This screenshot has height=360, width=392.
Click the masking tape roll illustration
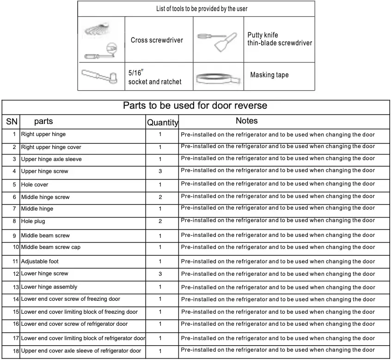218,80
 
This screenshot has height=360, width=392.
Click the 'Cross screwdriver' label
157,40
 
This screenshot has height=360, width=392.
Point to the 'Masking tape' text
269,75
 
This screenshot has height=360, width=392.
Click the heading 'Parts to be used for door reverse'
195,106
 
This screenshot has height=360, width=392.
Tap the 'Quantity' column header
162,123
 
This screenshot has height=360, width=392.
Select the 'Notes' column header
247,121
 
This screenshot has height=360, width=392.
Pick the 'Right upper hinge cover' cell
51,147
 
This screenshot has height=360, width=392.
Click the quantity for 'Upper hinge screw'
160,171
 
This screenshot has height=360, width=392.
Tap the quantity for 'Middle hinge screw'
160,197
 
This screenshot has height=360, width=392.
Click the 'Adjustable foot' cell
40,261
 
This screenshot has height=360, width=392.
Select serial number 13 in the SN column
16,287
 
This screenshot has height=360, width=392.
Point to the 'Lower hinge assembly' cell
49,287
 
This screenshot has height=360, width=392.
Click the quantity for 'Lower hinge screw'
160,274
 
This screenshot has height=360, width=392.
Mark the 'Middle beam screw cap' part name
50,247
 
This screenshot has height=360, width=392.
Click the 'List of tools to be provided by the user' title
196,9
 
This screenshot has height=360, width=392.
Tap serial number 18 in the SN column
16,351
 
